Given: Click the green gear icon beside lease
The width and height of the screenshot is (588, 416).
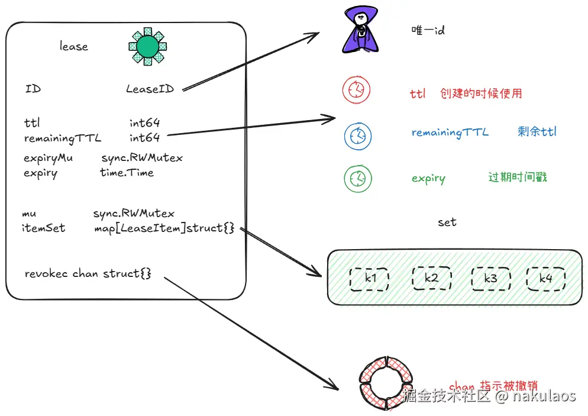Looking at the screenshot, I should pyautogui.click(x=147, y=46).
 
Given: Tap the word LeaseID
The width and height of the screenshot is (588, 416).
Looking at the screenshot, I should pyautogui.click(x=150, y=89).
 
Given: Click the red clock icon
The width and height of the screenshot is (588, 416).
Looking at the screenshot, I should pyautogui.click(x=356, y=90).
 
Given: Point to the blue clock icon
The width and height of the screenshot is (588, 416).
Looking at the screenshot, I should pyautogui.click(x=357, y=136).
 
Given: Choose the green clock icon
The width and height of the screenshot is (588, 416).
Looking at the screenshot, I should pyautogui.click(x=357, y=178).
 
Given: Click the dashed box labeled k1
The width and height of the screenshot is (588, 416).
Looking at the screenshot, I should pyautogui.click(x=369, y=278).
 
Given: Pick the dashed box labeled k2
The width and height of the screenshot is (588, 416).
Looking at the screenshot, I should pyautogui.click(x=431, y=278).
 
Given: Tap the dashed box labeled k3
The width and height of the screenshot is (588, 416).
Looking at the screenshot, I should pyautogui.click(x=490, y=278).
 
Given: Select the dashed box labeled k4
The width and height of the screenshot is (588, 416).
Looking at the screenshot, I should pyautogui.click(x=545, y=278).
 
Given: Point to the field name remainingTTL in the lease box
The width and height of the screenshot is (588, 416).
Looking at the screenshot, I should pyautogui.click(x=63, y=138).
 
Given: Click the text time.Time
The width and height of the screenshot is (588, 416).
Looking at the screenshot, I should pyautogui.click(x=127, y=173).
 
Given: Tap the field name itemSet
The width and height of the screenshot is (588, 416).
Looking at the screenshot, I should pyautogui.click(x=43, y=228).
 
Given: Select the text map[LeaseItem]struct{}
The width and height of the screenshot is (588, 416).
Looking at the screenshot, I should pyautogui.click(x=164, y=228).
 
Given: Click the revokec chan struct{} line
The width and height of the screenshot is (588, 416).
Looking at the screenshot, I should pyautogui.click(x=88, y=273).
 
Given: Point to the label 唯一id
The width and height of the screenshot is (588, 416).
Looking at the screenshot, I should pyautogui.click(x=428, y=30).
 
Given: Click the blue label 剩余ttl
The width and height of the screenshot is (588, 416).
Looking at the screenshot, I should pyautogui.click(x=537, y=131).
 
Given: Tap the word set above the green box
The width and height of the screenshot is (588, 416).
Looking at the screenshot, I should pyautogui.click(x=447, y=222).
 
